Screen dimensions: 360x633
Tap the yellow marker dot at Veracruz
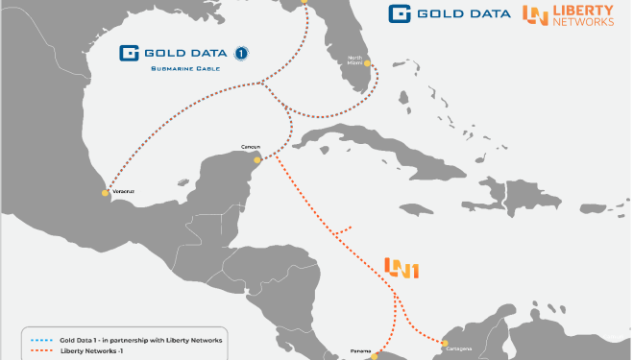point(106,193)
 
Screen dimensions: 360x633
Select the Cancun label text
point(248,148)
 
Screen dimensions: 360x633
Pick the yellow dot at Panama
point(377,355)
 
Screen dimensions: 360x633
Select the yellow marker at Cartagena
point(444,343)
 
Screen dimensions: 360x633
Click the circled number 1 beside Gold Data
point(242,53)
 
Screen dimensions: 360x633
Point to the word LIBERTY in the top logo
point(583,10)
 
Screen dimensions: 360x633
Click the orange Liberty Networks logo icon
point(536,14)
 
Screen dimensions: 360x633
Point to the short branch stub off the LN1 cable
point(340,229)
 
